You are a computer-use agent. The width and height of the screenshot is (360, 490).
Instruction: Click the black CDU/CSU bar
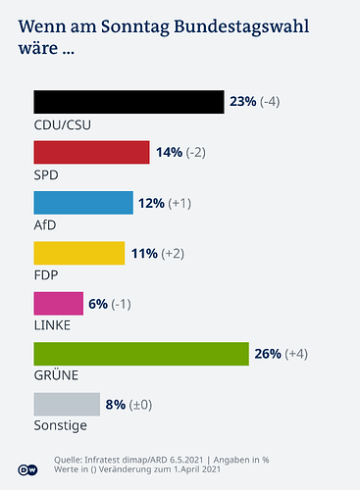[x=129, y=102]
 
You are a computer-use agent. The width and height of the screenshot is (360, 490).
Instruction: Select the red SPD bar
[x=91, y=152]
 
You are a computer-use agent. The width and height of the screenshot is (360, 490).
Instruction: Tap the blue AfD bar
[x=82, y=203]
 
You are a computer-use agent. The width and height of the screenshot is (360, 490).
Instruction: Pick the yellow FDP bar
[x=78, y=253]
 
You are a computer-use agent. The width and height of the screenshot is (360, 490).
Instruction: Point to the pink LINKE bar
[x=58, y=303]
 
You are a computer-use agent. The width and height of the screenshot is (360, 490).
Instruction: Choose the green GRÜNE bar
[x=141, y=354]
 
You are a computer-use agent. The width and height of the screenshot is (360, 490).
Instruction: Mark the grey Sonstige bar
[x=67, y=404]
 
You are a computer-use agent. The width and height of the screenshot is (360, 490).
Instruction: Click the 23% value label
[x=242, y=102]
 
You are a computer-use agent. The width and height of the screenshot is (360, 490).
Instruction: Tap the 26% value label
[x=268, y=354]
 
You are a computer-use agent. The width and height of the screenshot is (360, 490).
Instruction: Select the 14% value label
[x=169, y=152]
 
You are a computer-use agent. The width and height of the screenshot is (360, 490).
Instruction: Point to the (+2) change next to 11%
[x=174, y=253]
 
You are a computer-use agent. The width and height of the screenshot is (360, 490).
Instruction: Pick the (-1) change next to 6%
[x=122, y=303]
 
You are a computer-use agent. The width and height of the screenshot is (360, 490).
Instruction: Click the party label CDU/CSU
[x=61, y=124]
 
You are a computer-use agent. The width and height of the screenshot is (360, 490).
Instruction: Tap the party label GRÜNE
[x=55, y=374]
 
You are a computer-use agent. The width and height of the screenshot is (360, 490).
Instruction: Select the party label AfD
[x=45, y=224]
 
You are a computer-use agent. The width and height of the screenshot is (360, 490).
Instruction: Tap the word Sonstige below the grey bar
[x=60, y=425]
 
